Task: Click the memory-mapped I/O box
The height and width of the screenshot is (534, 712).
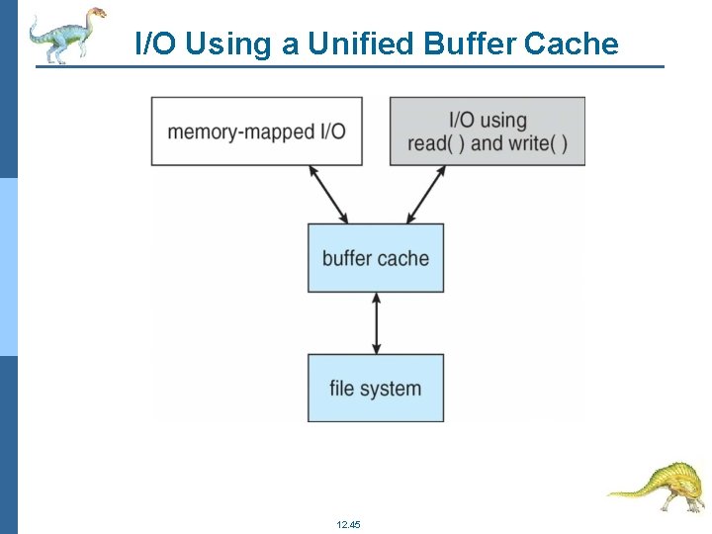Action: pos(256,131)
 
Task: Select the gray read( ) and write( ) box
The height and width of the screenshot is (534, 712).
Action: pos(487,131)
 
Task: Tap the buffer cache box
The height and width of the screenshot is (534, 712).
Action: pos(376,258)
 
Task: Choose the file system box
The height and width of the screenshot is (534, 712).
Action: pos(376,387)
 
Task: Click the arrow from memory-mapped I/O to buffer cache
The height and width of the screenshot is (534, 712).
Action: pos(329,194)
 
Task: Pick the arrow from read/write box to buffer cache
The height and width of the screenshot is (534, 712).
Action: pos(426,194)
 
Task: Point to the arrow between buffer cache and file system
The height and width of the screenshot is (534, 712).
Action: pos(376,322)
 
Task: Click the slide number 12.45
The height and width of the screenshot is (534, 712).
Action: pos(348,523)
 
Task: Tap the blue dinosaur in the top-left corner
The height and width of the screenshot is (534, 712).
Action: pos(65,34)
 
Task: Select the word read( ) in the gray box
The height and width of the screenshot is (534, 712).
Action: pos(436,143)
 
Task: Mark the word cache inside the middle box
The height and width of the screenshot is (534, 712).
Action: pos(403,258)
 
